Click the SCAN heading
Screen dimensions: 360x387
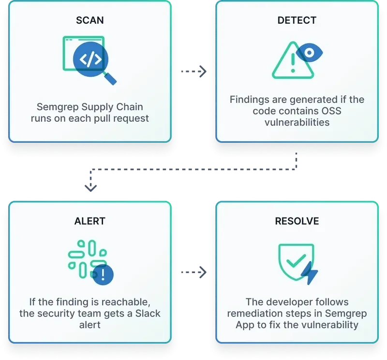pos(89,20)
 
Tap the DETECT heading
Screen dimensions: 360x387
pos(297,20)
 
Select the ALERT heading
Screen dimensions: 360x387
pos(89,221)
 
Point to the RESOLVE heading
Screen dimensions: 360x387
pos(297,221)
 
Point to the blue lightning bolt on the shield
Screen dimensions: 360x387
pos(310,274)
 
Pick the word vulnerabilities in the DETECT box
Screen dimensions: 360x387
pos(297,122)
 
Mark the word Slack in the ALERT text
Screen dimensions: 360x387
pos(146,313)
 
